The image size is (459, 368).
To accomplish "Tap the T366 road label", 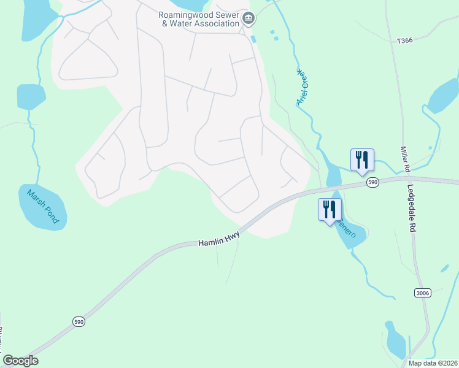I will pos(404,41).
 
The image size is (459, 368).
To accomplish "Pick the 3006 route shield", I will pos(422,293).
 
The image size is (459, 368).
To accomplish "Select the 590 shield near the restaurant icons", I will pos(372,182).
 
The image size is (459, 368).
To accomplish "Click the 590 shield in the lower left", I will pos(79,321).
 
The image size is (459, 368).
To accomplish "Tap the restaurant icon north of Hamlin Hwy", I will pos(362,159).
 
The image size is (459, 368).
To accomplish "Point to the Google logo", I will pos(20,361).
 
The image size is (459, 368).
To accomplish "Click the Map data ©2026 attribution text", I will pos(433,363).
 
